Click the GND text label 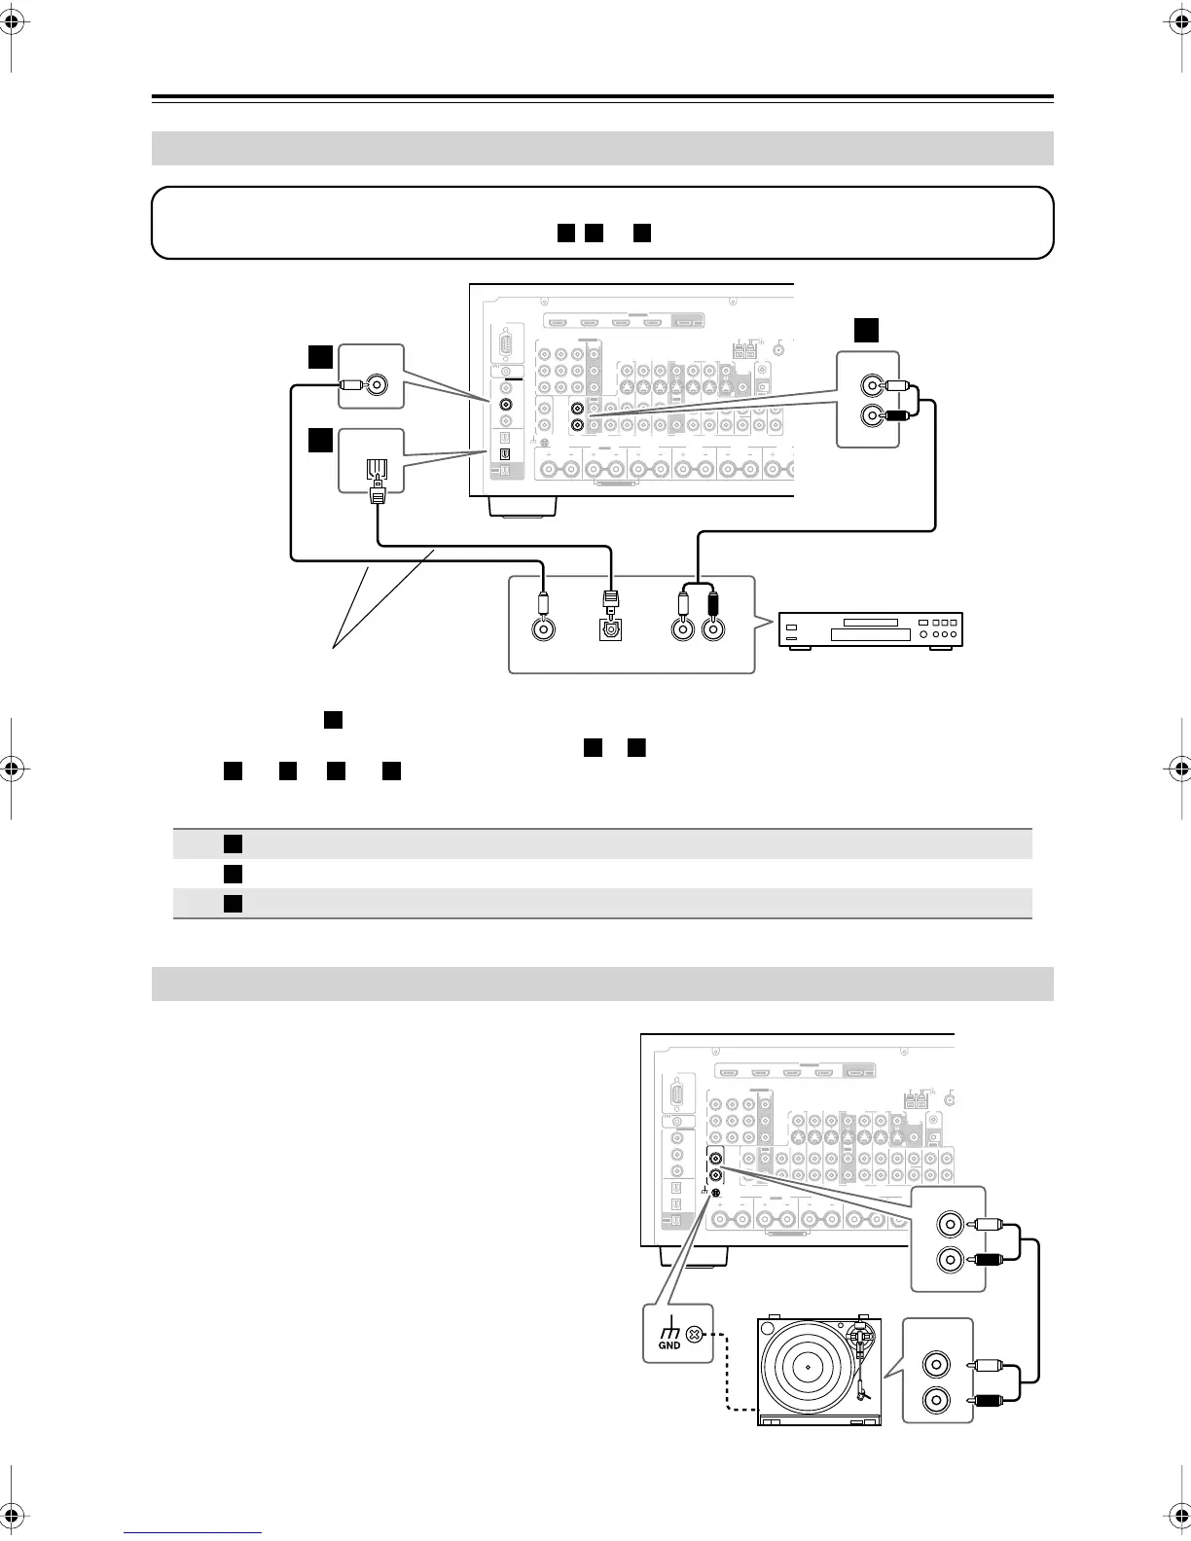669,1345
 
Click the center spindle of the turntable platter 809,1366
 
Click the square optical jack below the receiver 611,629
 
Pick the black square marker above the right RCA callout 866,330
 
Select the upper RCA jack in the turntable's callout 935,1365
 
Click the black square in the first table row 232,843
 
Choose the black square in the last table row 232,904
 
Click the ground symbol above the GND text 668,1330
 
